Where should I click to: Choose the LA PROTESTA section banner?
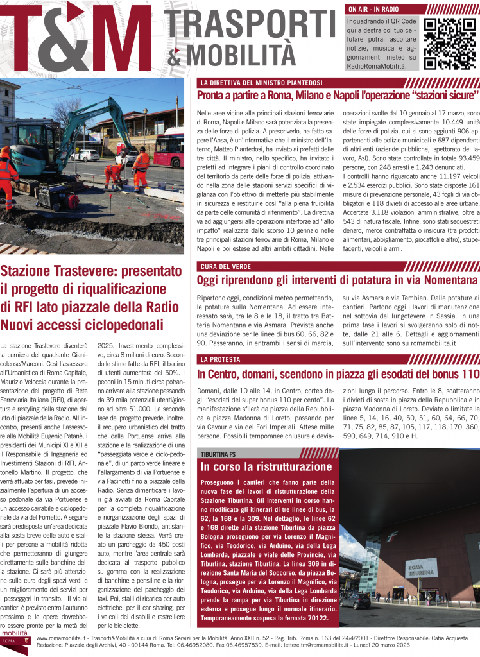(220, 359)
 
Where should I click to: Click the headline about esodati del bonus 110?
(338, 373)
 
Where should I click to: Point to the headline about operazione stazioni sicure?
(338, 96)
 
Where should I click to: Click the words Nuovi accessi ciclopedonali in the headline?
(82, 325)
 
